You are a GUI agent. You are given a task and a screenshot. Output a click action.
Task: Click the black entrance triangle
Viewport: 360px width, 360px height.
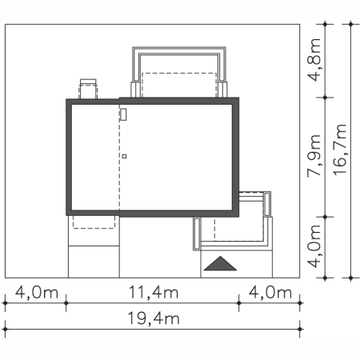click(220, 264)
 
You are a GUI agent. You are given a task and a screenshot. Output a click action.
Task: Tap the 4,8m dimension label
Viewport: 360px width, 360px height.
click(314, 60)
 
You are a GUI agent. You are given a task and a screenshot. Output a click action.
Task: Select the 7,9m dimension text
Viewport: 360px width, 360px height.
click(314, 156)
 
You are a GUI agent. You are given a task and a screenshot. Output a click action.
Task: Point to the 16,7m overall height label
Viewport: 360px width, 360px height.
click(340, 150)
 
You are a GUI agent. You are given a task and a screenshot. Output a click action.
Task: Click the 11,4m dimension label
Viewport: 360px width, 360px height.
click(154, 292)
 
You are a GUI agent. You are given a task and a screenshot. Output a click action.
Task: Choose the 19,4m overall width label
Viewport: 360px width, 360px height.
click(154, 318)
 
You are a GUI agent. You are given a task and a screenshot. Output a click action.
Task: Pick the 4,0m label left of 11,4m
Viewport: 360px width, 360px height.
click(37, 292)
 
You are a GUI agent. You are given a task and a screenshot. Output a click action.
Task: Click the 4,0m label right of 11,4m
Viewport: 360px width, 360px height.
click(270, 292)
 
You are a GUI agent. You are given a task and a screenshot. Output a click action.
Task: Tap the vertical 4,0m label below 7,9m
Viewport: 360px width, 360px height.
click(314, 246)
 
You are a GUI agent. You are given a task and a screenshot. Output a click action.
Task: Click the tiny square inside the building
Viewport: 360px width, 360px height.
click(124, 157)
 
